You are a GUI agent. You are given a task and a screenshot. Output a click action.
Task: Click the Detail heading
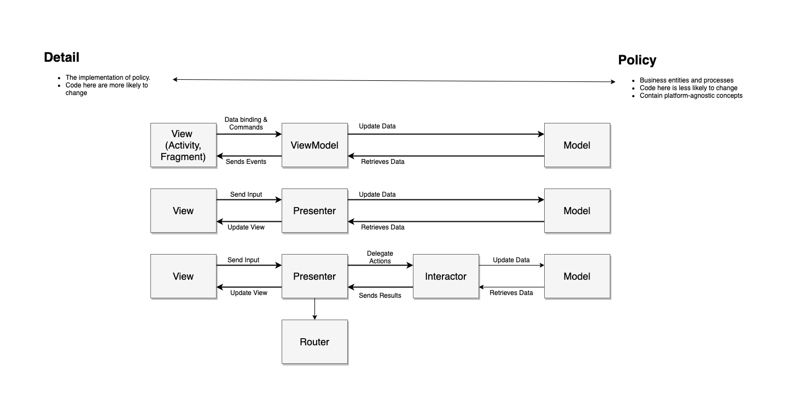[61, 57]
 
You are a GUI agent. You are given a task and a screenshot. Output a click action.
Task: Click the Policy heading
[637, 60]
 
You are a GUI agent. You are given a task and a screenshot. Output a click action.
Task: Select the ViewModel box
[314, 145]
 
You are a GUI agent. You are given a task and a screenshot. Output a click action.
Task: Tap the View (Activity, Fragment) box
[183, 145]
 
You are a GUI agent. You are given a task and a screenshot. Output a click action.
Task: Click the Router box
[314, 342]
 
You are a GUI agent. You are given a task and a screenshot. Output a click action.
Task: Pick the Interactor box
[446, 276]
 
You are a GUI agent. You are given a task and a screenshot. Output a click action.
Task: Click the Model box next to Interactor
[577, 276]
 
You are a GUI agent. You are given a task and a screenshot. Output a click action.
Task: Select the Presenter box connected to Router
[314, 276]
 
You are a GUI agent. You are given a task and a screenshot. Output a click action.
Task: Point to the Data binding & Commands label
[246, 123]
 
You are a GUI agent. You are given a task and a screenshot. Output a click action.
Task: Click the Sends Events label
[246, 162]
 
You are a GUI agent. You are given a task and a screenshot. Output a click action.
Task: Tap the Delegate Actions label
[380, 257]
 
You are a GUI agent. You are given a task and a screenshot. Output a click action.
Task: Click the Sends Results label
[380, 296]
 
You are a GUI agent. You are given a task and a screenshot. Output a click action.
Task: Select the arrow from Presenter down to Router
[314, 309]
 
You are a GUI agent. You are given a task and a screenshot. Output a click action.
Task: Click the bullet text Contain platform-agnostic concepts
[691, 96]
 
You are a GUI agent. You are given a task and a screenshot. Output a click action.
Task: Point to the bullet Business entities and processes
[686, 80]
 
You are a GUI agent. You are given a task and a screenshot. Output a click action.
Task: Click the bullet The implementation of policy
[108, 78]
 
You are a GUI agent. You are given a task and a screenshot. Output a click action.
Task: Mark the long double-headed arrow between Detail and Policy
[394, 80]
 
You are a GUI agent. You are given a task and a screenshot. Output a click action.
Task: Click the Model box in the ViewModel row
[577, 145]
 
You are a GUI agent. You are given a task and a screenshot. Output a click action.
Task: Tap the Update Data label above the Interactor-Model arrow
[511, 260]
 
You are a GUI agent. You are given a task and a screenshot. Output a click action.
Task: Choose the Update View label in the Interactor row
[249, 293]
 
